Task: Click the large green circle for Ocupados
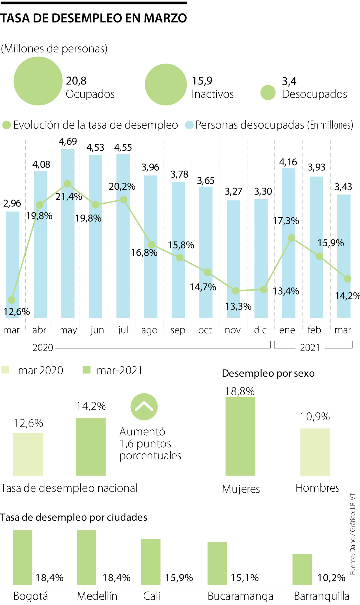point(38,81)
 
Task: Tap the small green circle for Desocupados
point(268,93)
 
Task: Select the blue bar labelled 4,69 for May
point(68,234)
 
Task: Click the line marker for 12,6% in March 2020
point(11,300)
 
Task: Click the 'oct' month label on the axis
point(205,330)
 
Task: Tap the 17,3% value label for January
point(286,221)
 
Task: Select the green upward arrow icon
point(144,407)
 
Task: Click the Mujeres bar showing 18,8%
point(240,436)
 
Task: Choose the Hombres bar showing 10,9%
point(315,452)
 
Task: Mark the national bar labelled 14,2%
point(91,447)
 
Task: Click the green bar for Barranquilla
point(302,569)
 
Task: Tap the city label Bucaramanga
point(240,596)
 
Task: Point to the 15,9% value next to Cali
point(179,578)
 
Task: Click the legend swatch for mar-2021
point(86,370)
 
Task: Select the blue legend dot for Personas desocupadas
point(189,125)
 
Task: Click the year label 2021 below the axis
point(310,348)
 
